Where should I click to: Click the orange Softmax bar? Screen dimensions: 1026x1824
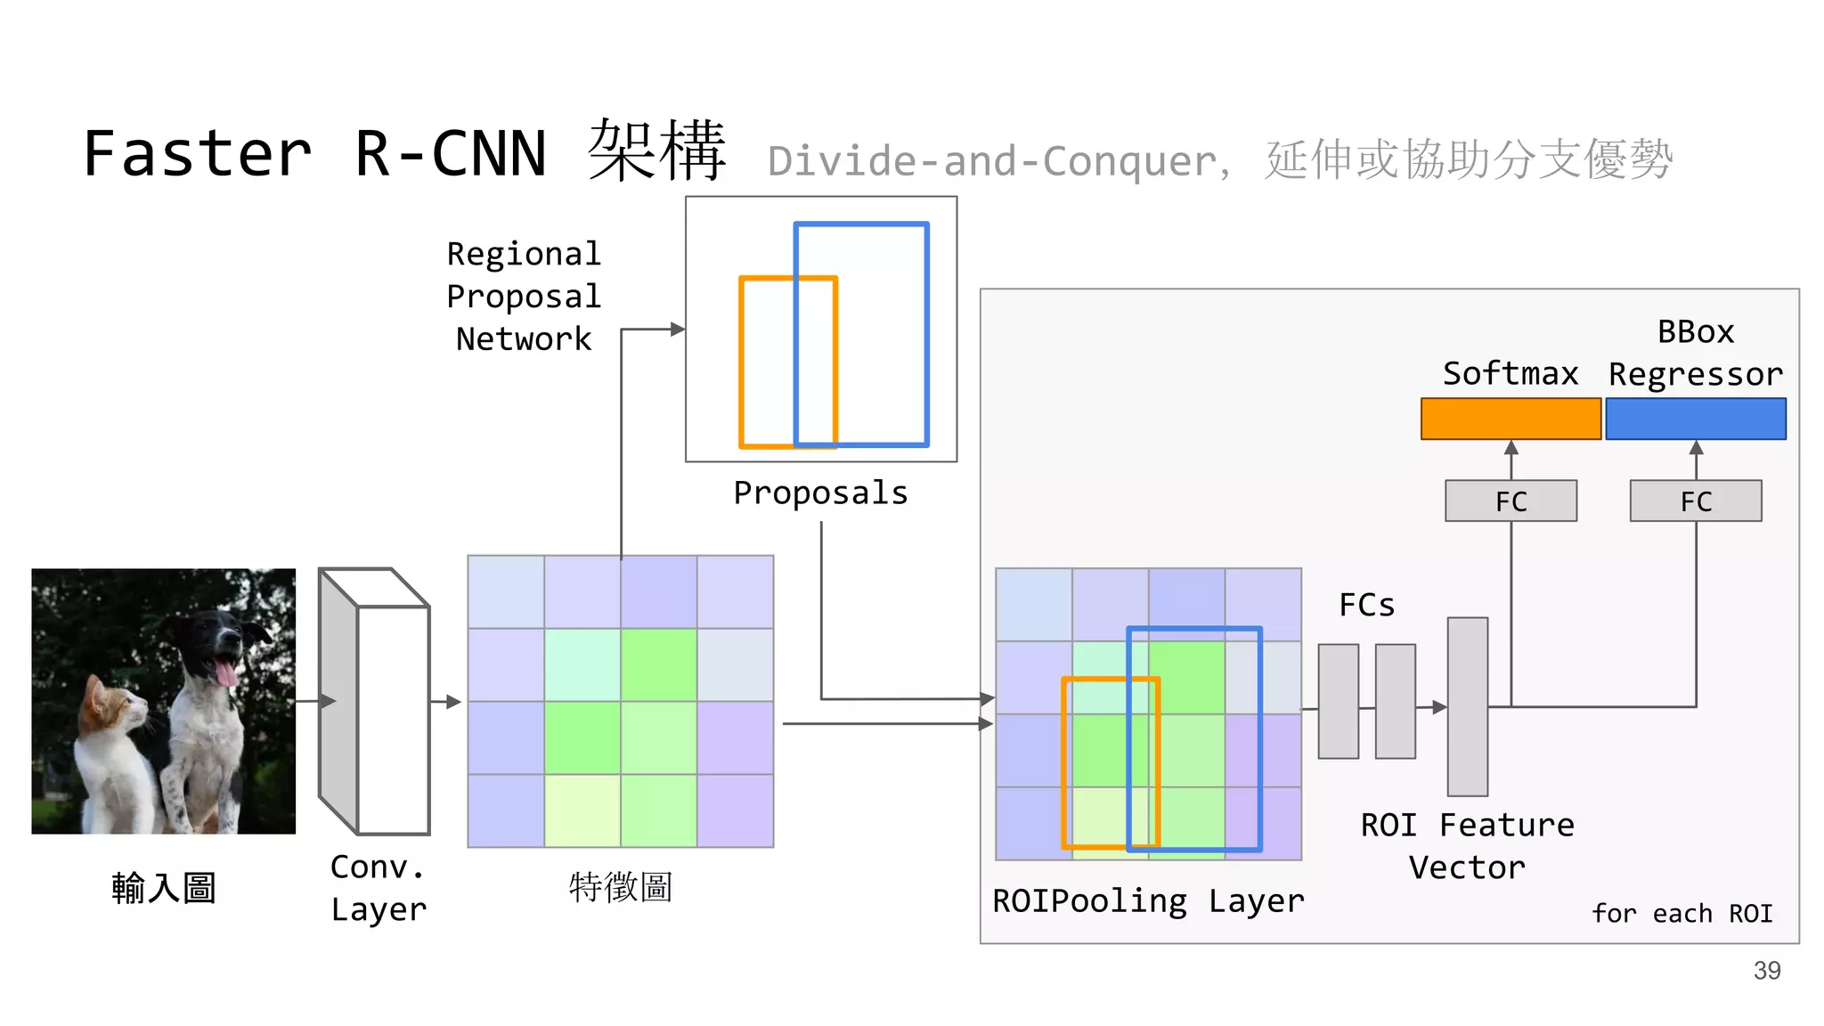[1510, 419]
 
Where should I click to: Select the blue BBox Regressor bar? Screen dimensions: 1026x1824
[1696, 419]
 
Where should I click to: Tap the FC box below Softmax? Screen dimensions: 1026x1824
[1510, 501]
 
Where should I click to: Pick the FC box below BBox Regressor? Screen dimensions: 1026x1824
[1696, 501]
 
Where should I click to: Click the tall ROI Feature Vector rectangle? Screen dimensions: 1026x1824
[1467, 706]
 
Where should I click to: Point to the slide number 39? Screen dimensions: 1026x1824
[1767, 970]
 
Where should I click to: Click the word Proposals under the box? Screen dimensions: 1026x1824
[820, 493]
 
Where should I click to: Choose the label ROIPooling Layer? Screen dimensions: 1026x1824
[1148, 901]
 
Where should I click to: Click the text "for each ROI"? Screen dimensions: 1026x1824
[1681, 914]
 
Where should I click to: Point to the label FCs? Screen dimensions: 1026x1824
[1366, 605]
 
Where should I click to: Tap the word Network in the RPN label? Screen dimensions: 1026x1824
[524, 339]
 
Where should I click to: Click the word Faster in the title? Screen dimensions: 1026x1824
[198, 153]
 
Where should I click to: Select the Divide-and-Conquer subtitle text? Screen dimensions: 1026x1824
[994, 161]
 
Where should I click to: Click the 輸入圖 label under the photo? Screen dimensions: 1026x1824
[164, 888]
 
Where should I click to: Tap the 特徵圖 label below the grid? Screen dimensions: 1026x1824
[620, 887]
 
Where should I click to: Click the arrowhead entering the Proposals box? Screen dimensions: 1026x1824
[678, 330]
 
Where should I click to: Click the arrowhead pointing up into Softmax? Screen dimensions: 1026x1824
[1511, 447]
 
